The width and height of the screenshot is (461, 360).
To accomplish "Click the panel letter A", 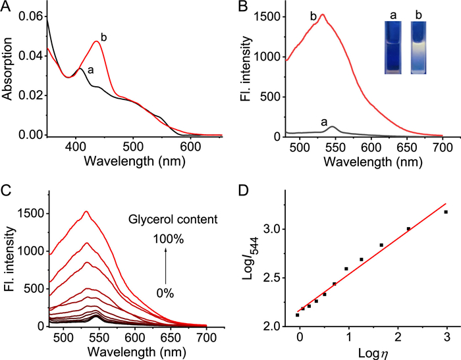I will tap(7, 7).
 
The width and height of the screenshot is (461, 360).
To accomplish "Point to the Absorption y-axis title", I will tap(9, 72).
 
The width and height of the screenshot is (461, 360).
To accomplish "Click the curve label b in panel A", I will tap(103, 35).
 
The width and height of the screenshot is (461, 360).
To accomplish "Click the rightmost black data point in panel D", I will tap(446, 212).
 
